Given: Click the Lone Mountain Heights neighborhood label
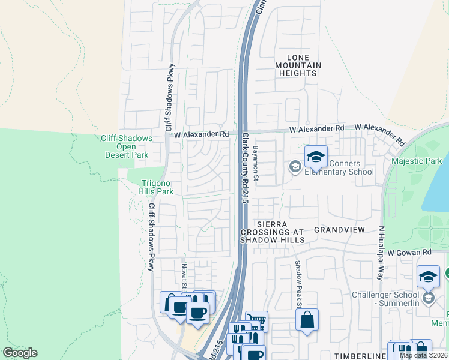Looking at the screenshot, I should coord(298,65).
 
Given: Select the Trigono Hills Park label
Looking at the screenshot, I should coord(157,187).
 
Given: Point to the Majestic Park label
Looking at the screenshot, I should coord(417,161).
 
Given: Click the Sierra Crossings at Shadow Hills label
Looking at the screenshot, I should coord(273,230).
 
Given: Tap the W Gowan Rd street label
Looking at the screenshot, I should coord(409,253).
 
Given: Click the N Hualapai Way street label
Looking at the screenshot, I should coord(381,247).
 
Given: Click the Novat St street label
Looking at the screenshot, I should coord(184,274).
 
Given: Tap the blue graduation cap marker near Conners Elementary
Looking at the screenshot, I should coord(316,157).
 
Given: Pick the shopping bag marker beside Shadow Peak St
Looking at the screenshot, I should coord(307,320).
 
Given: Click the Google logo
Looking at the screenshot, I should coord(20,353).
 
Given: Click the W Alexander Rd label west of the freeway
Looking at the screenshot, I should coord(202,135).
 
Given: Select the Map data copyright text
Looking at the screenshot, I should coord(424,355).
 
